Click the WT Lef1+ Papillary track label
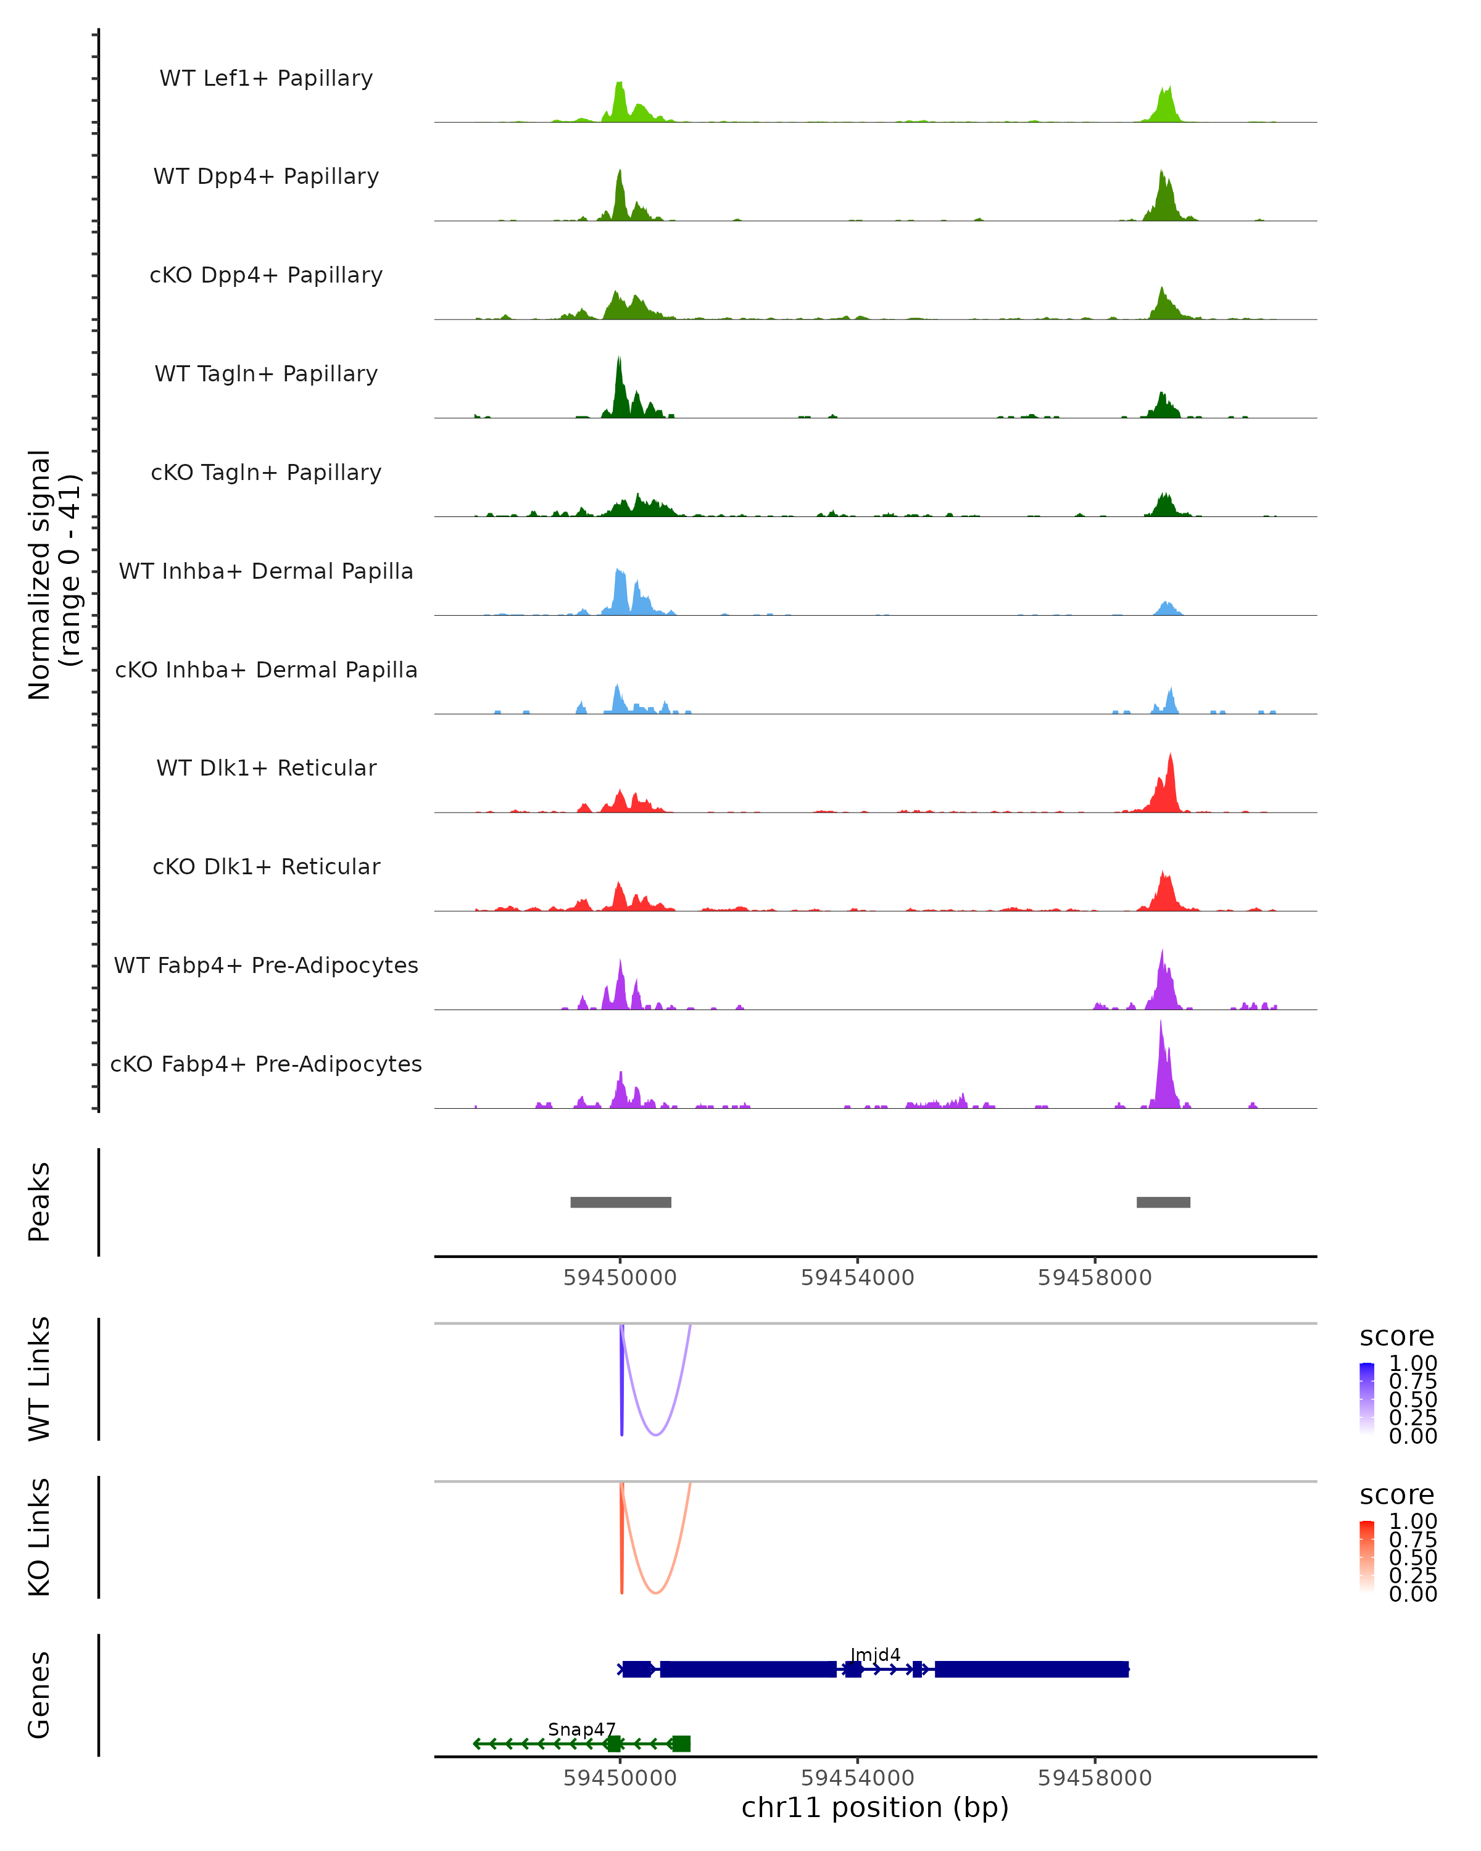(266, 78)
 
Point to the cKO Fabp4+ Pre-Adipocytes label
(266, 1064)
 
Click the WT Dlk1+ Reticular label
(266, 768)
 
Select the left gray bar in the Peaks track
(621, 1202)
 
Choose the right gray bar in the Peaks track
(1163, 1202)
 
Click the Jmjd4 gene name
(875, 1654)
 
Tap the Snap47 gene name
(581, 1729)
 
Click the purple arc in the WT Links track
(656, 1434)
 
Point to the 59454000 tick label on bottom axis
(857, 1777)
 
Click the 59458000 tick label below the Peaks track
(1095, 1278)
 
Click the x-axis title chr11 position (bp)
(875, 1807)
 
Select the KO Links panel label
(39, 1537)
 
